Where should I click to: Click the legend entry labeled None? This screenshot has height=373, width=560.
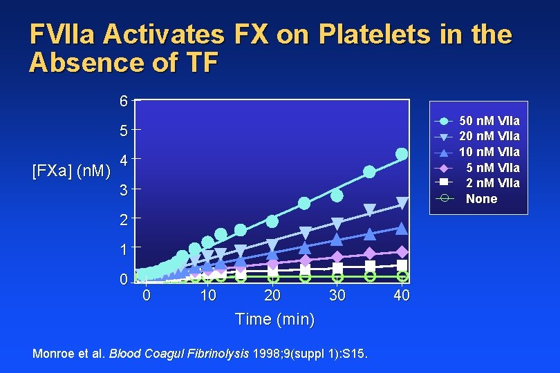click(481, 199)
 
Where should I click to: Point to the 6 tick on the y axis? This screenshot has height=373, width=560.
click(123, 102)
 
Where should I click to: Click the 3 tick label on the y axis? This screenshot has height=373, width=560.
click(123, 189)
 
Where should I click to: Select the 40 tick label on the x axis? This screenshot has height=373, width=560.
click(402, 296)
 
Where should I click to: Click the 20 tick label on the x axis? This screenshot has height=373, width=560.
click(272, 296)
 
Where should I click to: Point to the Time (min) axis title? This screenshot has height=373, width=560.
click(274, 320)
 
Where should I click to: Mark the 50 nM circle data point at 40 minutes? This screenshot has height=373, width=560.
click(402, 153)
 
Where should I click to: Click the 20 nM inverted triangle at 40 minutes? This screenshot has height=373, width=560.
click(402, 203)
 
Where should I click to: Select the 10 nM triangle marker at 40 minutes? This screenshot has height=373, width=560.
click(402, 228)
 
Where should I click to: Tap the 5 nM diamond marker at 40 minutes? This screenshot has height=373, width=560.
click(402, 252)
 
